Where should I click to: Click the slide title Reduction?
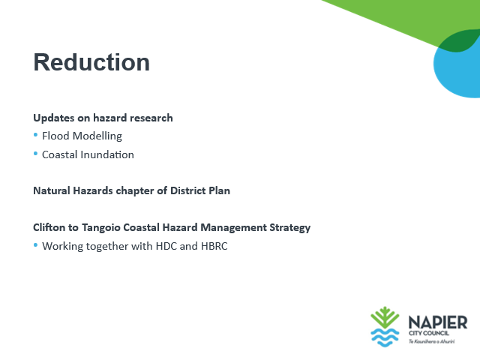91,62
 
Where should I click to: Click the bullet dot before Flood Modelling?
35,135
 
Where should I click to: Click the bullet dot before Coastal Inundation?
35,153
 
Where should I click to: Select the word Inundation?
107,154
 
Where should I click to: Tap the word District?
188,190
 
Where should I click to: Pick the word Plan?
220,190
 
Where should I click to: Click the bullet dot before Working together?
35,245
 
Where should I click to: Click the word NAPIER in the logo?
438,322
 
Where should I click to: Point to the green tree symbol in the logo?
385,317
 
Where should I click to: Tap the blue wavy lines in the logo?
385,337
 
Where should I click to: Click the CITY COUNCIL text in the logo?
428,333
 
